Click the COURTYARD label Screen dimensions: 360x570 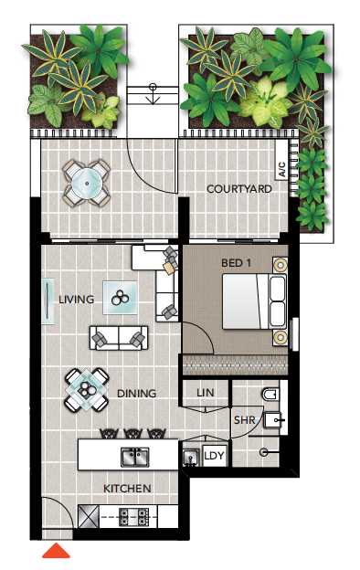(238, 189)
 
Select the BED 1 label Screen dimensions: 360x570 (236, 262)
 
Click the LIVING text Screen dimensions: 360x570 (77, 300)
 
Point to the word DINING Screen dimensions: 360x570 (137, 394)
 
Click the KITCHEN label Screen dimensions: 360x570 (127, 489)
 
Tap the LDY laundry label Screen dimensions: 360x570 (214, 456)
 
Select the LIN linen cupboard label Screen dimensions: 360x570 (206, 393)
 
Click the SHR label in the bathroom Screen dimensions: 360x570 (244, 420)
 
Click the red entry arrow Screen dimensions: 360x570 (56, 551)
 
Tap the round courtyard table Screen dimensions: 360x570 (87, 184)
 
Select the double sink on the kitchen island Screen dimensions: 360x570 (135, 457)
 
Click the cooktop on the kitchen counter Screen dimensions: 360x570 (134, 517)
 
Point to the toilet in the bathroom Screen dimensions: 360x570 (270, 394)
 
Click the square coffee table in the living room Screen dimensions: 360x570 (120, 298)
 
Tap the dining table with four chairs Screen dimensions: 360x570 (87, 390)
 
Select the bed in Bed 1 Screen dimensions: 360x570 (254, 301)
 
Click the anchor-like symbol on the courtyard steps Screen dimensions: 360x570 (153, 93)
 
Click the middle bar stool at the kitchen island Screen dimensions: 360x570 (133, 433)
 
